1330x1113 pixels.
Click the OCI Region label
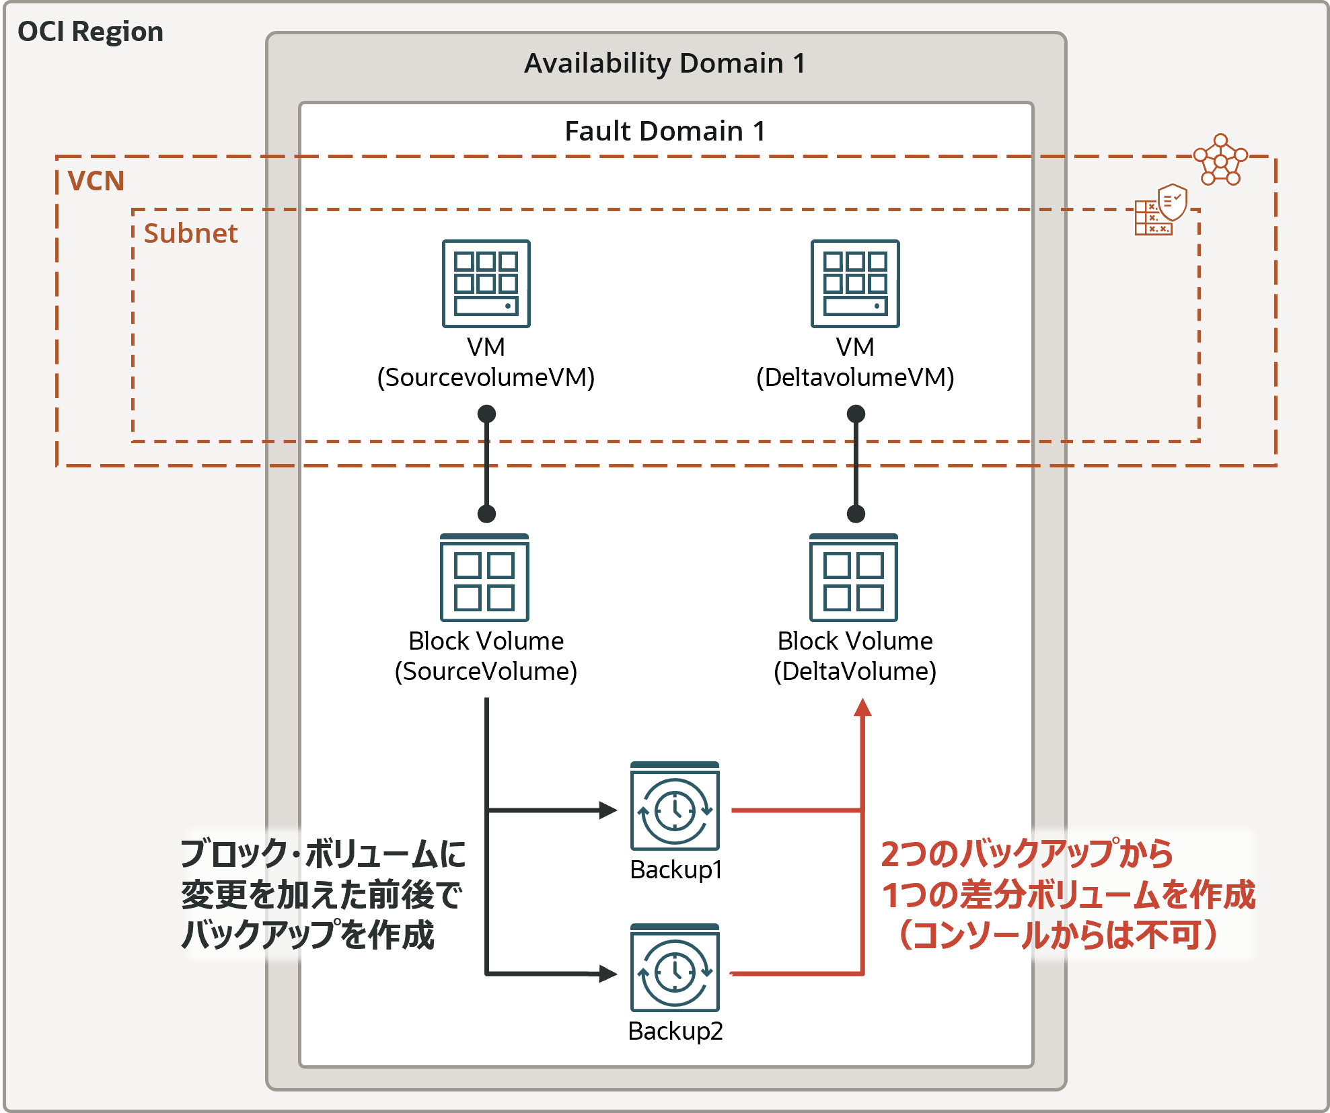(x=90, y=32)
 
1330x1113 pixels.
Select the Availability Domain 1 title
(x=665, y=63)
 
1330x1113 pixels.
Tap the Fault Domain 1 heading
(x=665, y=131)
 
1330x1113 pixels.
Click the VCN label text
(x=96, y=181)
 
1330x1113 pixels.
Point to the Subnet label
(x=190, y=233)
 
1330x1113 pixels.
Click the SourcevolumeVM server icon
(x=486, y=284)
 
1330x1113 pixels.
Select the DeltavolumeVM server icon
(x=855, y=284)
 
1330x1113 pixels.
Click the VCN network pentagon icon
(x=1220, y=160)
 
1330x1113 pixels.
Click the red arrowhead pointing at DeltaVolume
(x=862, y=707)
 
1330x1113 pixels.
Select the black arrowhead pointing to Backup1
(x=608, y=810)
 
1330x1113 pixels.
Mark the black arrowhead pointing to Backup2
(x=608, y=973)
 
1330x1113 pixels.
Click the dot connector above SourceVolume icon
(x=486, y=514)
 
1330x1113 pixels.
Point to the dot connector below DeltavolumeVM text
(x=856, y=414)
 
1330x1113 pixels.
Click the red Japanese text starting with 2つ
(x=1068, y=894)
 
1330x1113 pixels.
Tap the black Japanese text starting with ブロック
(x=323, y=894)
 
